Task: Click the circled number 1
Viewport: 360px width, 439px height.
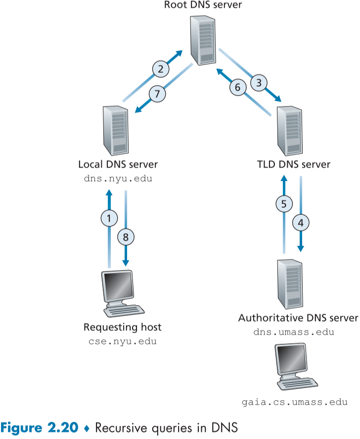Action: click(x=109, y=216)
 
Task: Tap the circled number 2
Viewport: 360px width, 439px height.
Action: click(x=160, y=69)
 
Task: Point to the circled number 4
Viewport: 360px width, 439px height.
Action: click(x=301, y=222)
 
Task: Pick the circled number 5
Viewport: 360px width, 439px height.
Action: click(x=284, y=203)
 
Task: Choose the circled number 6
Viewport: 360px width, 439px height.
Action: click(x=237, y=87)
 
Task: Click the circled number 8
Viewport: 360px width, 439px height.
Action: click(x=126, y=237)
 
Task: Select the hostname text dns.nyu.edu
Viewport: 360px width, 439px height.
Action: click(x=118, y=179)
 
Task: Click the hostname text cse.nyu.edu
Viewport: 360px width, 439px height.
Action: click(x=122, y=342)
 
